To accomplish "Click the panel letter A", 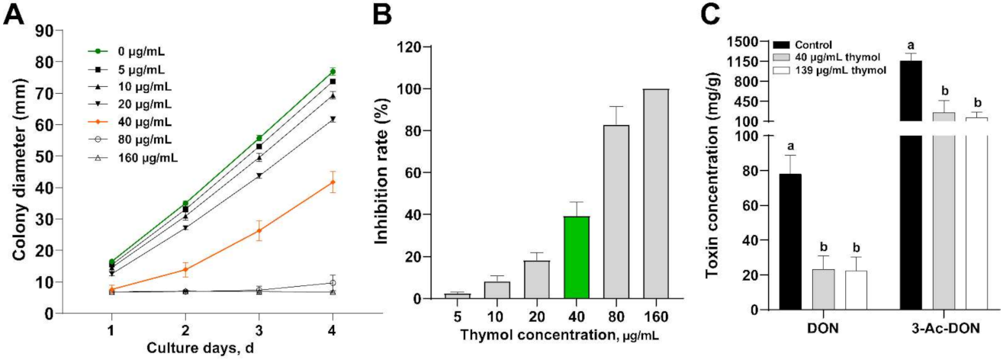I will (x=13, y=14).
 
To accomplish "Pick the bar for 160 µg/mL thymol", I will (x=656, y=194).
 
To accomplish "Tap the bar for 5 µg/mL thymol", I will (x=458, y=296).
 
